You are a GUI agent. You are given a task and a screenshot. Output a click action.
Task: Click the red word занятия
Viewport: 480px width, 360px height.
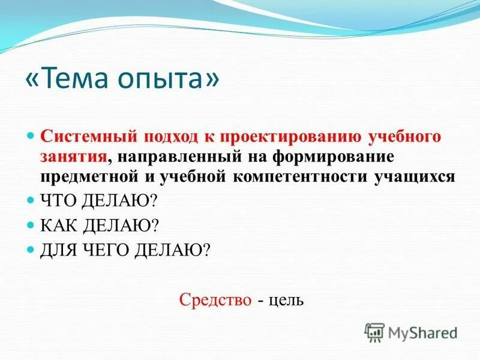(x=74, y=157)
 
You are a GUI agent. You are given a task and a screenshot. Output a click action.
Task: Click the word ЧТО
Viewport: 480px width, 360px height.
(x=59, y=200)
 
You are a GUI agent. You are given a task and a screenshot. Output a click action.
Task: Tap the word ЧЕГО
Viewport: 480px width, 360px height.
(x=106, y=250)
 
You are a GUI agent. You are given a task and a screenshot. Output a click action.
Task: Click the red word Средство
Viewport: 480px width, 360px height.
(x=215, y=299)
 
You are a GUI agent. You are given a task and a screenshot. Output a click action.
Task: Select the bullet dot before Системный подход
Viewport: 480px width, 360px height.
(x=32, y=136)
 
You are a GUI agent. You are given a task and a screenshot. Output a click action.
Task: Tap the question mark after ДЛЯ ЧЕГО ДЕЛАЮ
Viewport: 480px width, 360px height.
(x=206, y=250)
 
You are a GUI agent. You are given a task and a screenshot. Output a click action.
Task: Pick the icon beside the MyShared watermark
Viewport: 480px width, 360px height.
(x=374, y=332)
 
